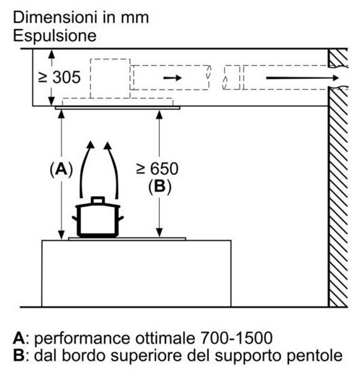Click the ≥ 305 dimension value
pyautogui.click(x=59, y=77)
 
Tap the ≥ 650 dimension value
pyautogui.click(x=157, y=169)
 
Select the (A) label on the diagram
pyautogui.click(x=61, y=169)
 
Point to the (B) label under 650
pyautogui.click(x=160, y=187)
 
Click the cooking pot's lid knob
pyautogui.click(x=98, y=200)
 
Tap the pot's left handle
pyautogui.click(x=74, y=219)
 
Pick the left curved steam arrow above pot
pyautogui.click(x=86, y=169)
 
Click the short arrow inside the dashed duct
pyautogui.click(x=173, y=77)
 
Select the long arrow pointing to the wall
pyautogui.click(x=302, y=77)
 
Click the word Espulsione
pyautogui.click(x=55, y=35)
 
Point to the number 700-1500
pyautogui.click(x=236, y=338)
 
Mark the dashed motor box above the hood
pyautogui.click(x=110, y=78)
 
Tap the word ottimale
pyautogui.click(x=165, y=338)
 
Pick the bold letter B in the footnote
pyautogui.click(x=19, y=356)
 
